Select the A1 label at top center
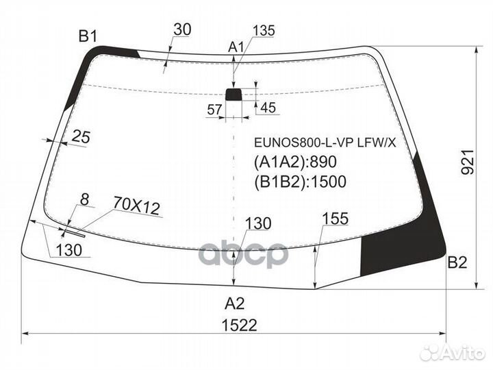(x=236, y=47)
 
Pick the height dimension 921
(x=467, y=162)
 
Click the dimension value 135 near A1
(x=264, y=31)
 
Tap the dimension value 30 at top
(x=182, y=29)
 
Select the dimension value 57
(x=215, y=109)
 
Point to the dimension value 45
(x=268, y=107)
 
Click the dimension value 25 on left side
(x=81, y=137)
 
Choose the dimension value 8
(x=84, y=199)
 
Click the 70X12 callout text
(x=136, y=206)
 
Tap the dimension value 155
(x=336, y=219)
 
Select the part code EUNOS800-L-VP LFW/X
(x=325, y=144)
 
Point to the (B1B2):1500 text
(x=301, y=182)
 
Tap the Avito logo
(x=452, y=353)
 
